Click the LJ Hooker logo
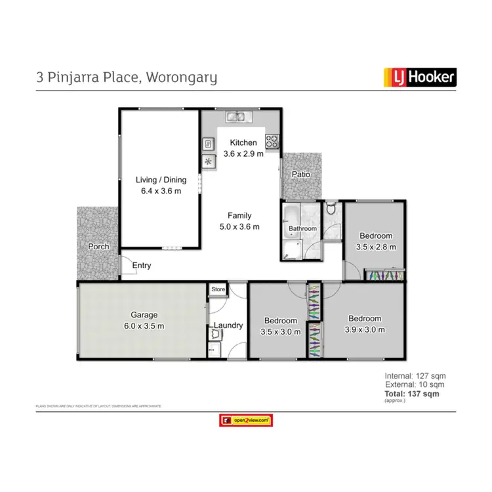tap(419, 78)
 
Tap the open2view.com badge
tap(246, 420)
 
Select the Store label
tap(218, 289)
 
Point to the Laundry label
tap(228, 325)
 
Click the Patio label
tap(302, 175)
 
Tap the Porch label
tap(98, 247)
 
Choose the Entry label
tap(142, 266)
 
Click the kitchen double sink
tap(236, 117)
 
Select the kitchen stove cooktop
tap(272, 141)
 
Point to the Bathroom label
tap(303, 229)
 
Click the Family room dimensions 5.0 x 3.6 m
tap(239, 227)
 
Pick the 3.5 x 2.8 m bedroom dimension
tap(376, 247)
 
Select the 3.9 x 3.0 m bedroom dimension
tap(365, 330)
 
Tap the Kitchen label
tap(243, 142)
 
